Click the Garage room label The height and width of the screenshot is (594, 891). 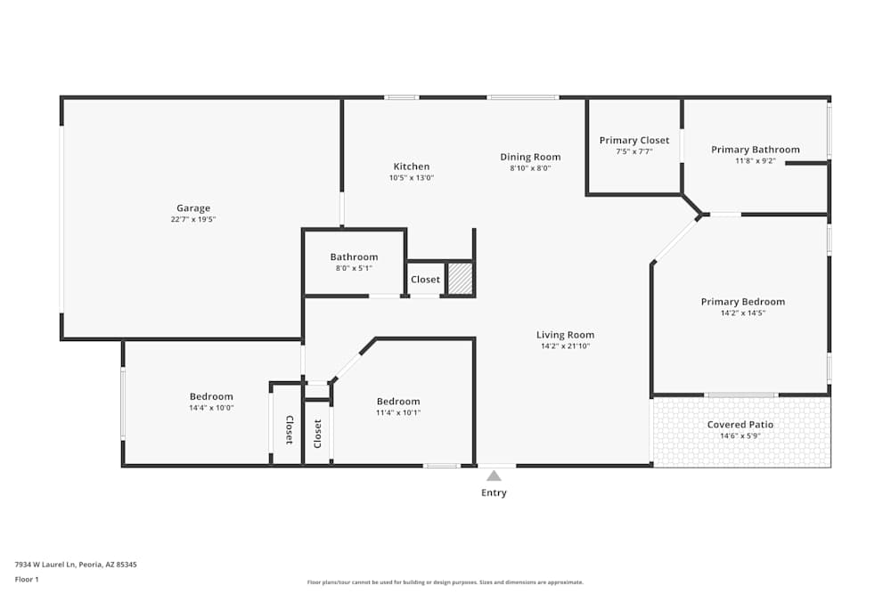pos(193,208)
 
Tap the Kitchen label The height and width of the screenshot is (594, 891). pos(412,167)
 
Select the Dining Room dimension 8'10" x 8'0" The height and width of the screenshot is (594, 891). pos(530,168)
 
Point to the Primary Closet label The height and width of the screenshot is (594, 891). pos(634,141)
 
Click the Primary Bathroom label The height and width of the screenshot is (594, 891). pos(755,150)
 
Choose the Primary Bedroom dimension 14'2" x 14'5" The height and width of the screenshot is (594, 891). pos(742,313)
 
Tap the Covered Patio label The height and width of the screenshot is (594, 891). pos(740,425)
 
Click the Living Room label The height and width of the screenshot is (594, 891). pos(565,335)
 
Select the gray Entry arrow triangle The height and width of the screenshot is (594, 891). pos(494,476)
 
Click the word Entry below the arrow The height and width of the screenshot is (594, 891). pos(494,493)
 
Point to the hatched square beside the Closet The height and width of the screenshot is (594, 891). pos(459,279)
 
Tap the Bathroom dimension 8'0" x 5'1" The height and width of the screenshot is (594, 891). pos(354,268)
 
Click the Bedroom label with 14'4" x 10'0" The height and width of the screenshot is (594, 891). pos(211,396)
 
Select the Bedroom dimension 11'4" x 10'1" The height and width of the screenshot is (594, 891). pos(397,412)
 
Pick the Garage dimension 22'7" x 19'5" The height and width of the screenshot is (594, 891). pos(193,219)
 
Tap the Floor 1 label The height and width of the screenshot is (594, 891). pos(27,579)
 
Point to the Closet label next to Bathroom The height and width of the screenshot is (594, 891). pos(425,280)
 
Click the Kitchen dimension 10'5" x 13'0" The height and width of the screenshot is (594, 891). pos(412,178)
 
